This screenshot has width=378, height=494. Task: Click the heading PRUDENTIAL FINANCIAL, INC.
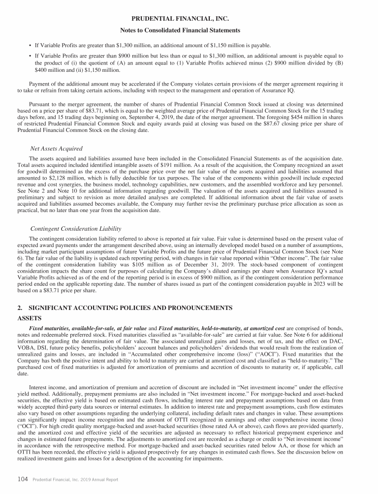(x=189, y=19)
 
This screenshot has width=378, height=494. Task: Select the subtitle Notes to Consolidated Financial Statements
(x=189, y=31)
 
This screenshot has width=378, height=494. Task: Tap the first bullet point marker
(x=30, y=46)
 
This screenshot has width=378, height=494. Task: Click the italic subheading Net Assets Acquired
(x=57, y=149)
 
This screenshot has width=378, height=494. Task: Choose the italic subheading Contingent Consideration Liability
(x=76, y=229)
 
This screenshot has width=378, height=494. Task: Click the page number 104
(x=23, y=479)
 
